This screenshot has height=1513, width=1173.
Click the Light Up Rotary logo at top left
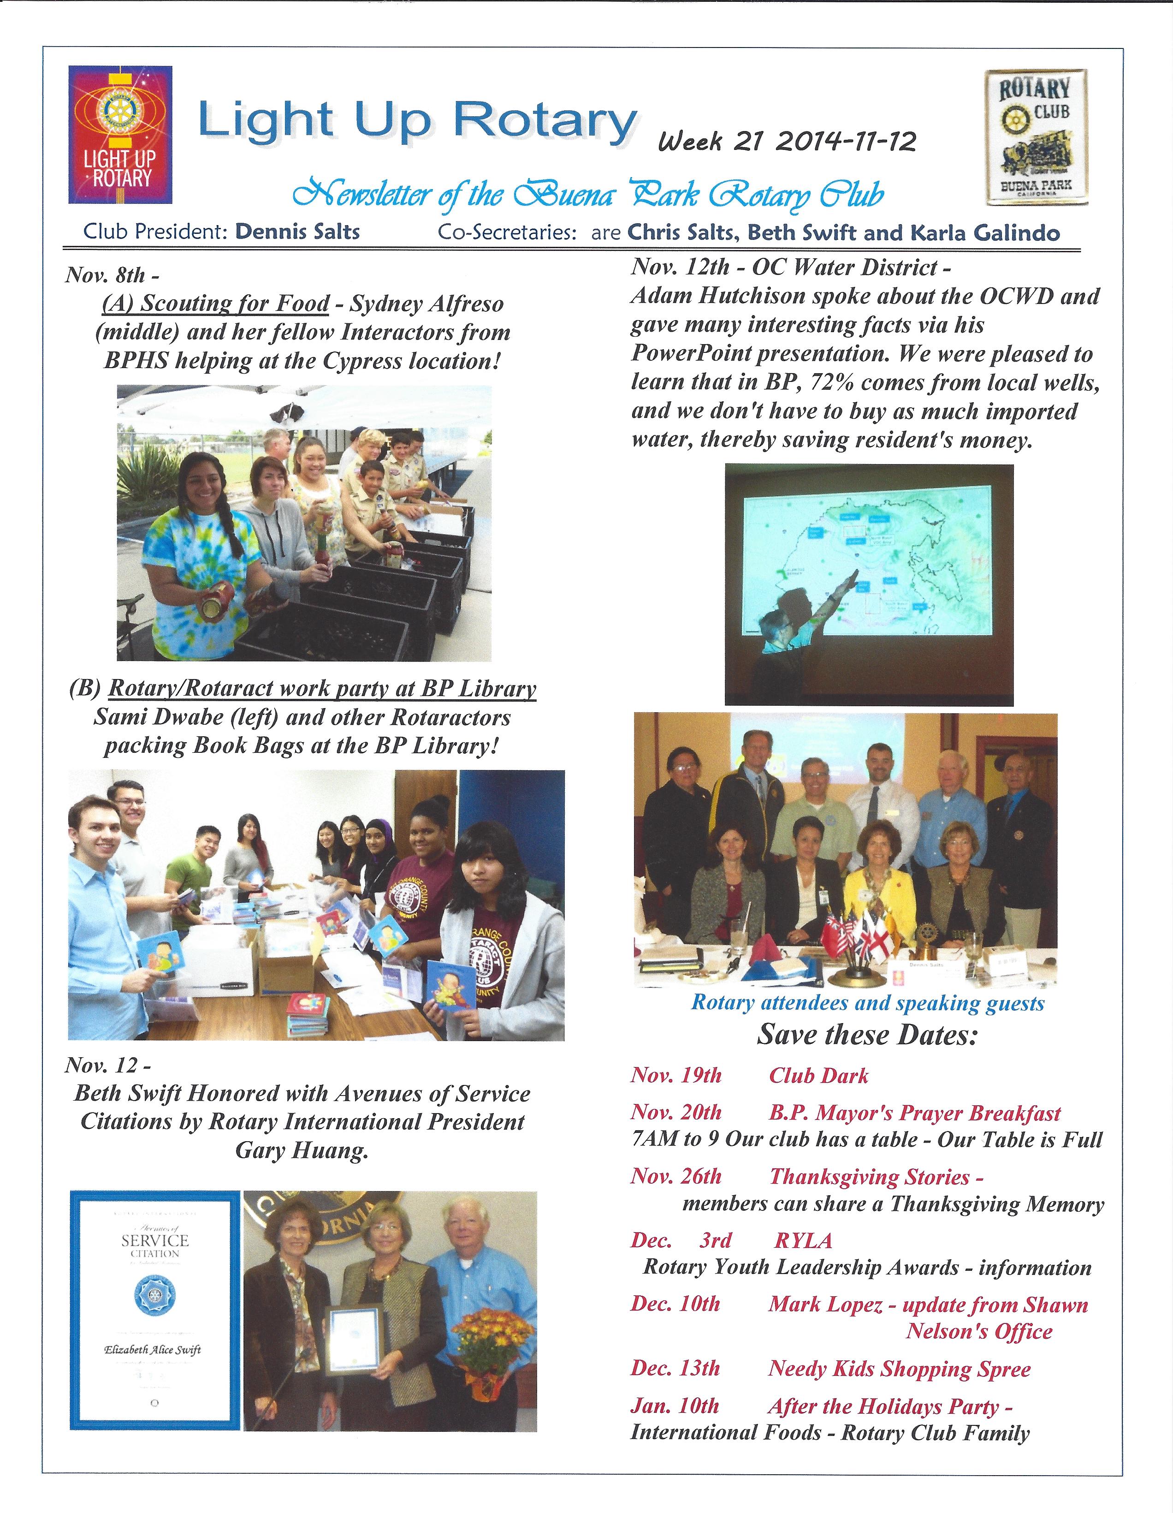[x=120, y=134]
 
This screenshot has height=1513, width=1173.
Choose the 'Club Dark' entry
[x=818, y=1076]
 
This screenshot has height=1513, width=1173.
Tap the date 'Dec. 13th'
[x=675, y=1369]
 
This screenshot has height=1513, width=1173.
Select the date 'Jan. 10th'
[x=675, y=1407]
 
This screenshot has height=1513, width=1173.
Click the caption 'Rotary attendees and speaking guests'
[x=867, y=1003]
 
